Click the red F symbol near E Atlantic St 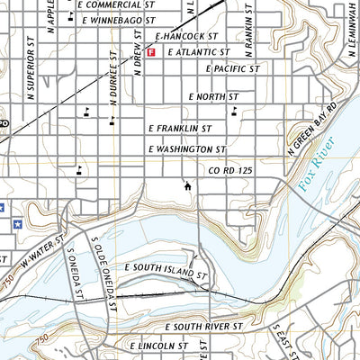151,53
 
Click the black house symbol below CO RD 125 187,187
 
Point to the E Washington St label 186,148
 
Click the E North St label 213,96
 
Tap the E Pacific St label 232,68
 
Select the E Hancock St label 187,37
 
